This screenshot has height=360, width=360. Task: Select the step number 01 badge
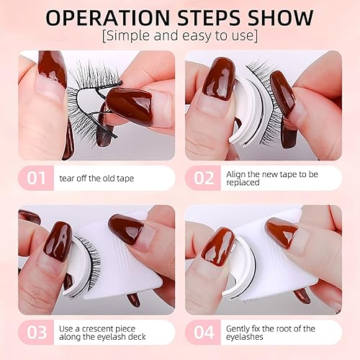(x=35, y=177)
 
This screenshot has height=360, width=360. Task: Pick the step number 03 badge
(x=35, y=332)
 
